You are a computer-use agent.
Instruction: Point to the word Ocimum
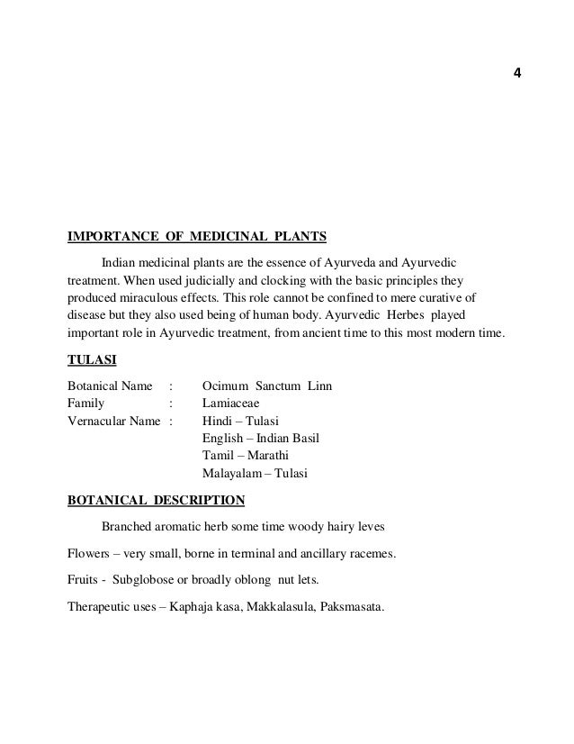click(226, 386)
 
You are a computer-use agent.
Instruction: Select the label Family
click(86, 404)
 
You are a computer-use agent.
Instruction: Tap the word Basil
click(305, 439)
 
